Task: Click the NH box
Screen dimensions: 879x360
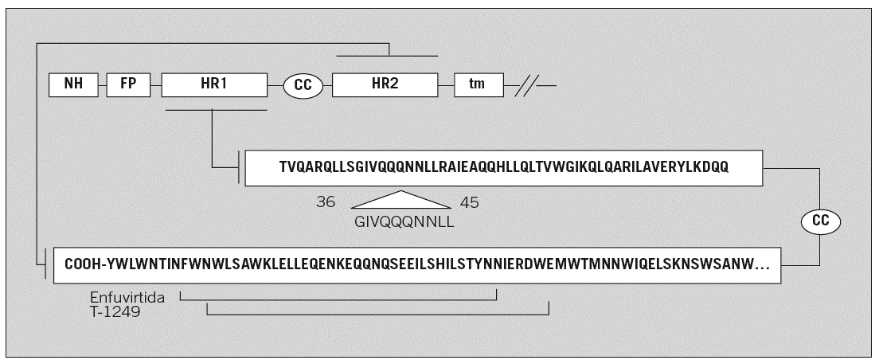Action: [x=72, y=84]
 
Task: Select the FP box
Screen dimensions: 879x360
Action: [x=127, y=84]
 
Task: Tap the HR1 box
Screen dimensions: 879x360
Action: [x=213, y=84]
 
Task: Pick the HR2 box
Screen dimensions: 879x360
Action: [x=385, y=84]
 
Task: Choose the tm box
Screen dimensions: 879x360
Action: [x=478, y=84]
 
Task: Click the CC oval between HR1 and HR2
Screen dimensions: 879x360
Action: [x=303, y=84]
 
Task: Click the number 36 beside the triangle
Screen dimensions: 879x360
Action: [x=326, y=202]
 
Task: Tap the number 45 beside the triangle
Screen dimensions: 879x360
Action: [x=470, y=202]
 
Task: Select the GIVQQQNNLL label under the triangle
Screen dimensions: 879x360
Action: [x=403, y=222]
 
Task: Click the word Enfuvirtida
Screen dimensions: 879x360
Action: [x=127, y=297]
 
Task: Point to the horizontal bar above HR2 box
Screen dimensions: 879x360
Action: [x=387, y=57]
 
